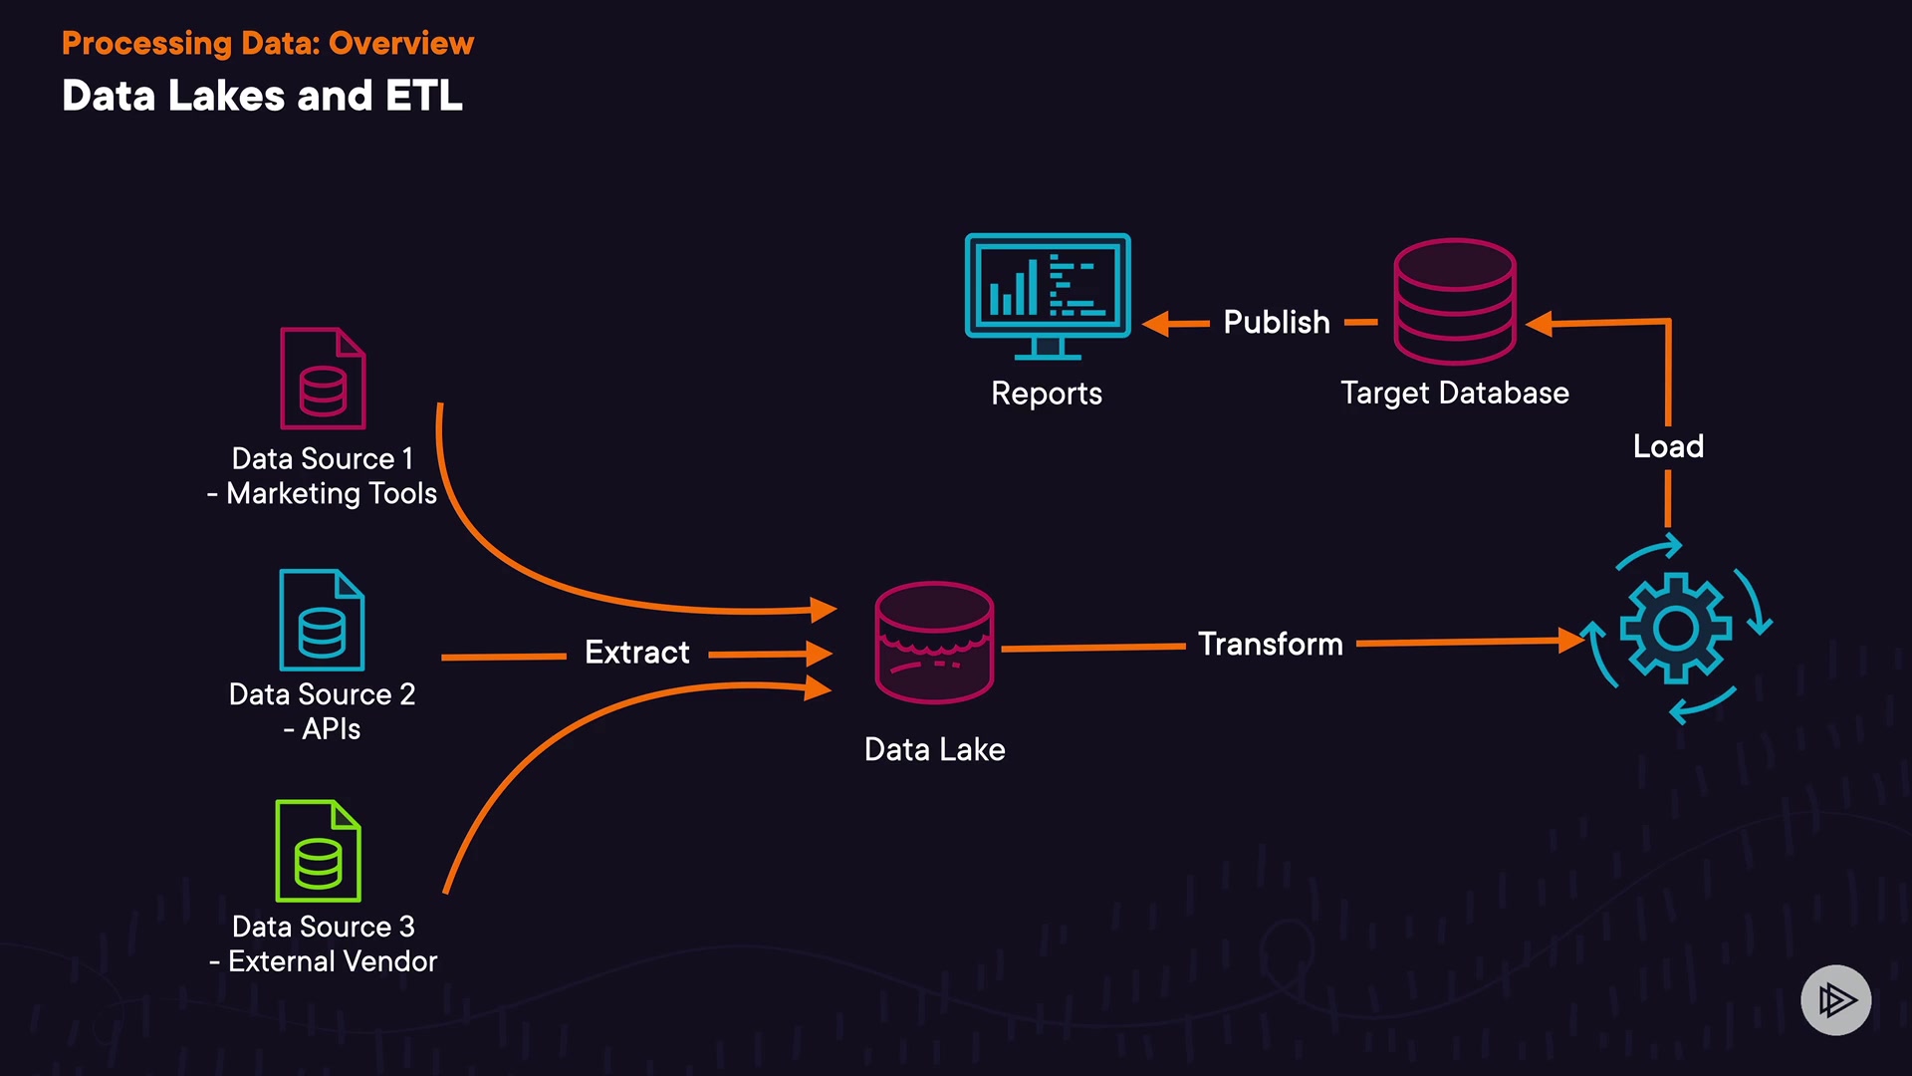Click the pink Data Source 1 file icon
click(x=323, y=379)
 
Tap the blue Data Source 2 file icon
click(x=322, y=620)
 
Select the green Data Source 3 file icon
click(x=318, y=851)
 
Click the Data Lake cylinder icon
click(x=934, y=643)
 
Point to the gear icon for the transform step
click(x=1676, y=629)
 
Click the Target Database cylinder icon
click(x=1455, y=301)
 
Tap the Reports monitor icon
click(x=1048, y=295)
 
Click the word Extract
click(x=636, y=653)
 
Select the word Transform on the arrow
click(x=1270, y=645)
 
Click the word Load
click(x=1668, y=446)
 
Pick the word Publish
click(x=1276, y=323)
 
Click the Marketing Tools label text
click(x=331, y=494)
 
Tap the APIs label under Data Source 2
click(x=330, y=729)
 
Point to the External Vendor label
click(x=332, y=961)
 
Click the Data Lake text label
click(x=934, y=750)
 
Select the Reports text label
click(x=1047, y=394)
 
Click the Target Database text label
click(x=1454, y=394)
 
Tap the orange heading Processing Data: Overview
click(x=268, y=44)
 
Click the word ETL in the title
click(x=423, y=97)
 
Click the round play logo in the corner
click(x=1835, y=999)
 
